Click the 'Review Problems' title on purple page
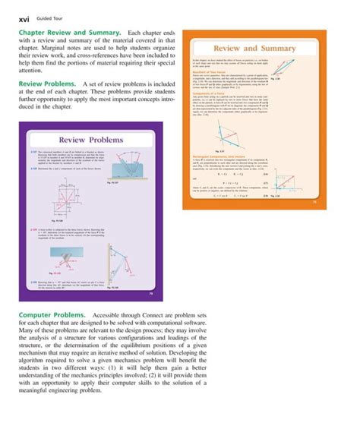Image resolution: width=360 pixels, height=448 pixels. coord(96,140)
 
